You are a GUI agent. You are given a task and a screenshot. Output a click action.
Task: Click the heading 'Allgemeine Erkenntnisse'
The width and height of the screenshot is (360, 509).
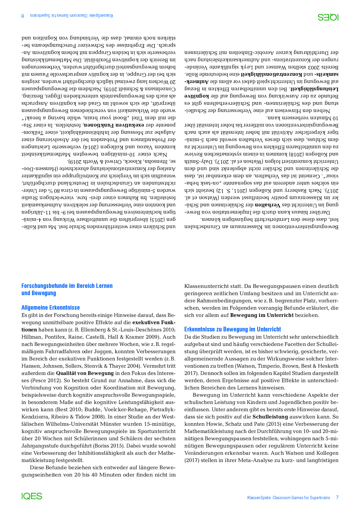tap(51, 308)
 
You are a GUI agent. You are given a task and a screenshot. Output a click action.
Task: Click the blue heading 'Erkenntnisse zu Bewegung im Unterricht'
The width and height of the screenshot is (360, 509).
tap(233, 329)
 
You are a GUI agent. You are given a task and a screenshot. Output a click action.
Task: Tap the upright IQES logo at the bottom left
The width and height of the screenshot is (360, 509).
tap(32, 496)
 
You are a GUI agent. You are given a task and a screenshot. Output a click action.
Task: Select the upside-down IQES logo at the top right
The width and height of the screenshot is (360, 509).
tap(328, 17)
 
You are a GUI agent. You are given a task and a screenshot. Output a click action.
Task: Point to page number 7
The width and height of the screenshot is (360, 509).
tap(337, 497)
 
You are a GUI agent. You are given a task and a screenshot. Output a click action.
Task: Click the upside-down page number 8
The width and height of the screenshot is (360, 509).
tap(23, 16)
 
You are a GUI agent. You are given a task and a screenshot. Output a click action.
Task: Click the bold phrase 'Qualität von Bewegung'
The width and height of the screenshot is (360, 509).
tap(85, 373)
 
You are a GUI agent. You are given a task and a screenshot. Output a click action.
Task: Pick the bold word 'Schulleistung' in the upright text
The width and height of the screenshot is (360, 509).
tap(268, 417)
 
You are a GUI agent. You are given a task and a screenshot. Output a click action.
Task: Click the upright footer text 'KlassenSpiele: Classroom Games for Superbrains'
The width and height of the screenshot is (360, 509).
tap(289, 498)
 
